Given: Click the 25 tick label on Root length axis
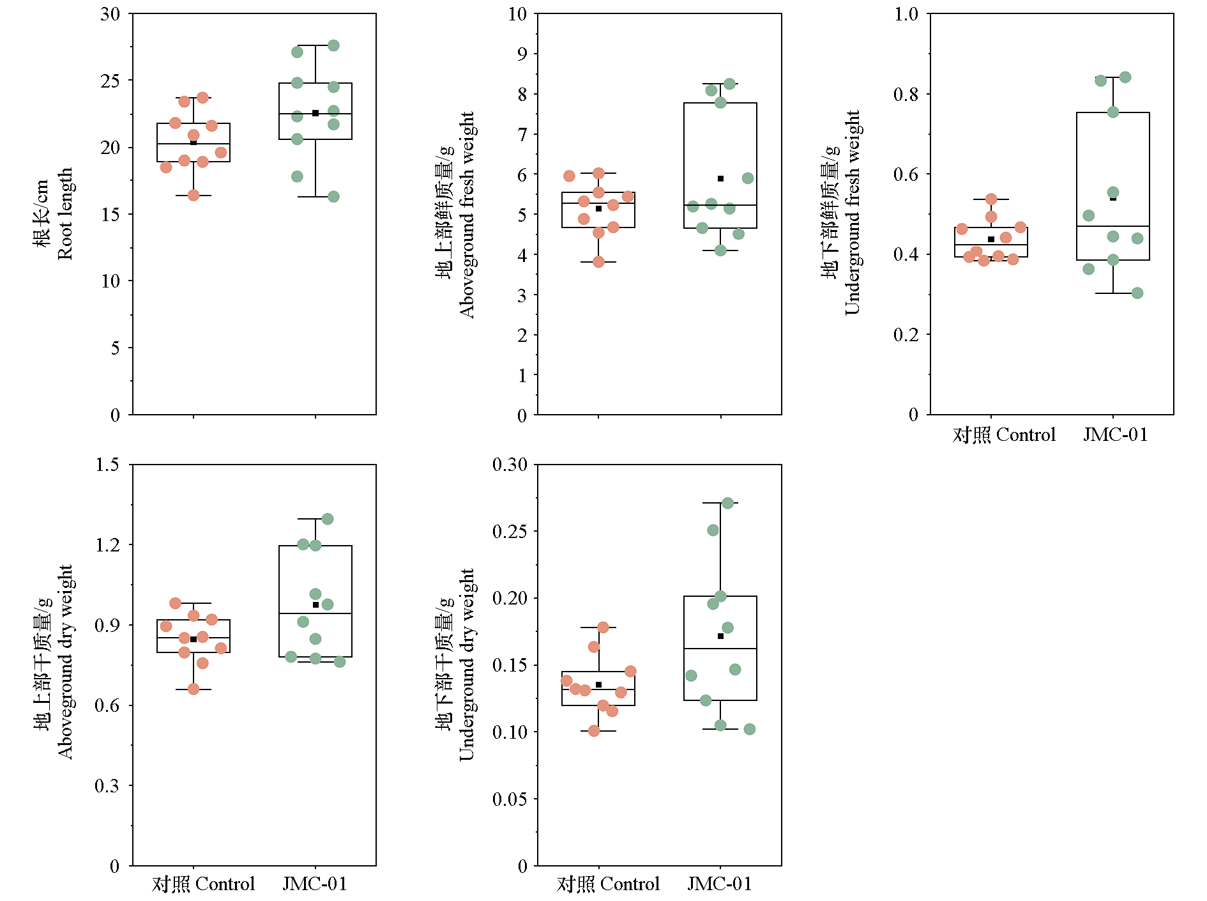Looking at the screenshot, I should [110, 81].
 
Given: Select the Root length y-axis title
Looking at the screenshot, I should [54, 214].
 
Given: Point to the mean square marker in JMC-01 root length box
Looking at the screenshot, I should [315, 113].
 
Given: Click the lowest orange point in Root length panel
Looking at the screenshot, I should [194, 195].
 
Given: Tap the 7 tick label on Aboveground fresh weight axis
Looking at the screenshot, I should [522, 134].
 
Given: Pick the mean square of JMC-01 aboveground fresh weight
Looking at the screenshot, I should [720, 179].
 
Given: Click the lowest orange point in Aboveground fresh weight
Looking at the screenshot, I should [598, 261].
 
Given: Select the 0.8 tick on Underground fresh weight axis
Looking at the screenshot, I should [906, 95].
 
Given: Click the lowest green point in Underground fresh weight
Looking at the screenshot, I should [1137, 293].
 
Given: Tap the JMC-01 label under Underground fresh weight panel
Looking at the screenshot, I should [1115, 435].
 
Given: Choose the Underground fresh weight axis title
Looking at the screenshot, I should [841, 213].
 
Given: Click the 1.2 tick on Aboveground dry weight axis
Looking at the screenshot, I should [107, 545].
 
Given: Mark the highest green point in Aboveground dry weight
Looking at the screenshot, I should [328, 519].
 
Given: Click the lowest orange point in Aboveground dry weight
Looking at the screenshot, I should [194, 689].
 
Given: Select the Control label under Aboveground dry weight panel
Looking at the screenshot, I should [203, 884].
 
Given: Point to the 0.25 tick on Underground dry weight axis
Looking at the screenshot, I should [509, 532].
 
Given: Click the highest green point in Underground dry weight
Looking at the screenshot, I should [727, 504].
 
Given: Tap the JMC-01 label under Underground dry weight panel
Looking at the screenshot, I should [719, 884].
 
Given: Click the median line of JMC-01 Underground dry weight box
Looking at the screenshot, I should [720, 649].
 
